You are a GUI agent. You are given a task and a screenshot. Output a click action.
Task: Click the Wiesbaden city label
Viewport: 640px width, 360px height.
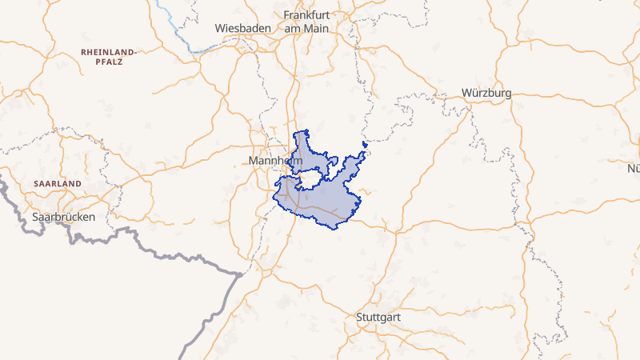coord(240,28)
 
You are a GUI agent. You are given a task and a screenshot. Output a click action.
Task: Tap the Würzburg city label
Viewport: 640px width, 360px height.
coord(486,94)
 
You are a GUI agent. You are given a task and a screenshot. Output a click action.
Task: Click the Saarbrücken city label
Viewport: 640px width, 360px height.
coord(64,217)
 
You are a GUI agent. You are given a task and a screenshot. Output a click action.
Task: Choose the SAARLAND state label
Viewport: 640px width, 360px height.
coord(58,183)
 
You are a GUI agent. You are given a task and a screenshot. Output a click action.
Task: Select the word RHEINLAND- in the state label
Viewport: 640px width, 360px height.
coord(109,52)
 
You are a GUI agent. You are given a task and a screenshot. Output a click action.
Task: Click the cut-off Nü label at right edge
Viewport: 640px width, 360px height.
coord(634,168)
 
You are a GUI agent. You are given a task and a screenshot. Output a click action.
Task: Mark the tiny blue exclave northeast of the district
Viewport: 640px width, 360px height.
coord(365,145)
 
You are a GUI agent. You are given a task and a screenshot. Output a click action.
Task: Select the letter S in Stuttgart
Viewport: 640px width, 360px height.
coord(359,318)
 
